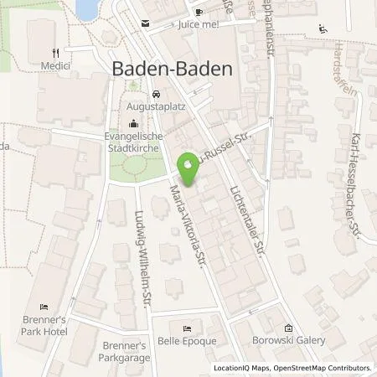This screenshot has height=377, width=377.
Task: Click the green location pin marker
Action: tap(189, 170)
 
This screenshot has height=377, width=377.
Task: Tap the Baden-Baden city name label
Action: tap(172, 70)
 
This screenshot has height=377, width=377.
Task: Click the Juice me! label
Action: tap(198, 26)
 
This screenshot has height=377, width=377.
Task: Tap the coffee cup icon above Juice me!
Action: tap(199, 11)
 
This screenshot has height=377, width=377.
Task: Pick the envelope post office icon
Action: tap(146, 24)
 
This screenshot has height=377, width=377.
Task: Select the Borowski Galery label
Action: tap(287, 341)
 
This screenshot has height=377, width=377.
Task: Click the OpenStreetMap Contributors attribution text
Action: tap(328, 368)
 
